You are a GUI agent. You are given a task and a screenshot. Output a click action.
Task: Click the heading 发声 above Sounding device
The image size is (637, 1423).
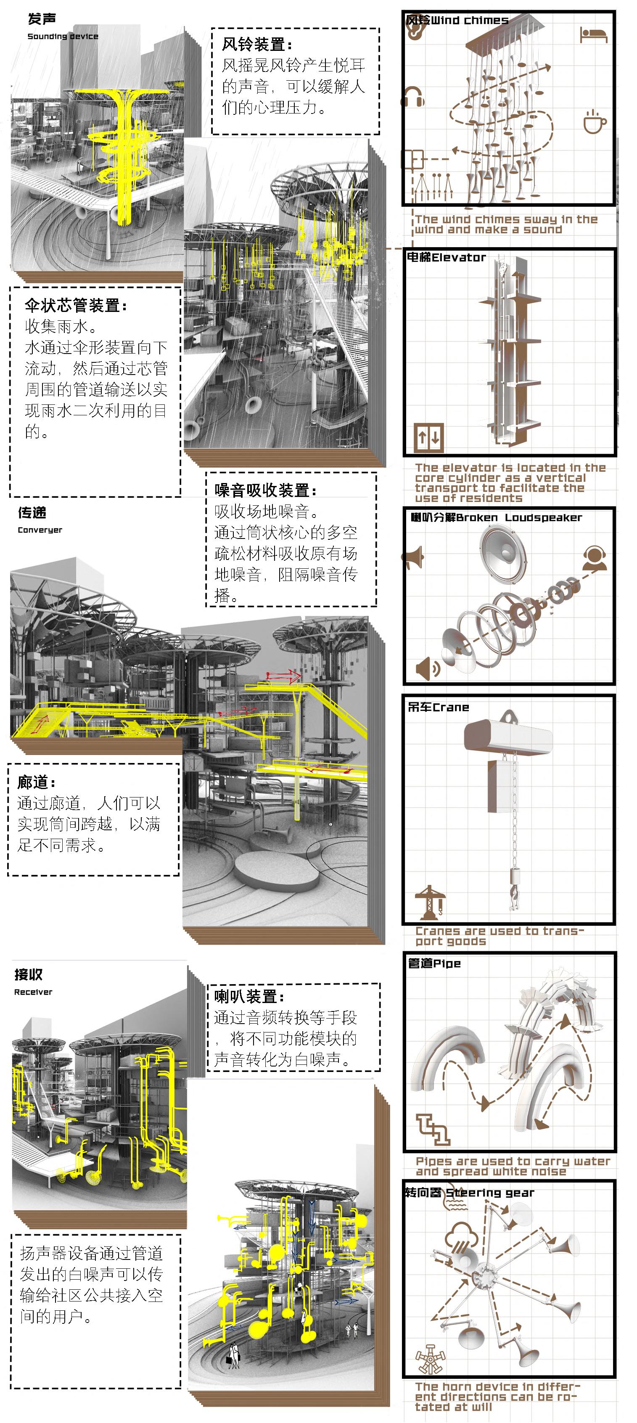pyautogui.click(x=42, y=19)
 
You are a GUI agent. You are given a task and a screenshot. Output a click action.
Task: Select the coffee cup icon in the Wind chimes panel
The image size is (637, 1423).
pyautogui.click(x=595, y=121)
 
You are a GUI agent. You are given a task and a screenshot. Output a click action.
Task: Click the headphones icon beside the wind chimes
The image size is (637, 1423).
pyautogui.click(x=414, y=97)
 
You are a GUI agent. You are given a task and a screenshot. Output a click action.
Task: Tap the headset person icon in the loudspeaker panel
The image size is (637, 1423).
pyautogui.click(x=595, y=558)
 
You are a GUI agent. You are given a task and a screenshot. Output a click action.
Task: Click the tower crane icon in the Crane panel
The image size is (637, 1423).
pyautogui.click(x=430, y=902)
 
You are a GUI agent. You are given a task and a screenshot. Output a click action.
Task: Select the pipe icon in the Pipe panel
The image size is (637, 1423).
pyautogui.click(x=433, y=1129)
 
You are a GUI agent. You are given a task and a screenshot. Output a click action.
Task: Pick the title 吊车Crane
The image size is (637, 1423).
pyautogui.click(x=438, y=707)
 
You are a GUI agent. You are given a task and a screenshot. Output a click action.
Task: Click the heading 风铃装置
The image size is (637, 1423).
pyautogui.click(x=257, y=44)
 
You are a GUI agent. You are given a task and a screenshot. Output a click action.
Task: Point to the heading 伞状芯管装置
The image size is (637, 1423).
pyautogui.click(x=76, y=306)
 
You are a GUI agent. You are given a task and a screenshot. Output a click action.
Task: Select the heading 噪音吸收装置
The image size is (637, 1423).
pyautogui.click(x=266, y=490)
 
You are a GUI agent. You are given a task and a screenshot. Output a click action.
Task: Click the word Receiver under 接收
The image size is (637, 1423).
pyautogui.click(x=33, y=992)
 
